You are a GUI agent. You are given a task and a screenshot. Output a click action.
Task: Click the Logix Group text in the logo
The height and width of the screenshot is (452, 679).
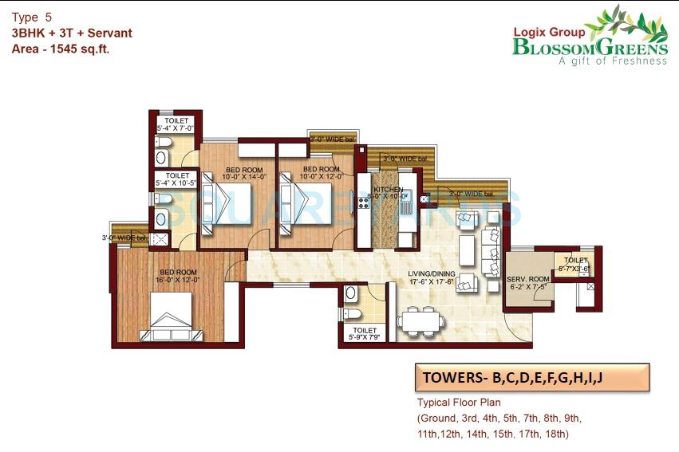(550, 32)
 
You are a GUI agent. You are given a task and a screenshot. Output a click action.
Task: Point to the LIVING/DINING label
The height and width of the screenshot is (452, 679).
(431, 275)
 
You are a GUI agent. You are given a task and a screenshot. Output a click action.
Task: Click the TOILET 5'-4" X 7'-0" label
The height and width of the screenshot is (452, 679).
(176, 124)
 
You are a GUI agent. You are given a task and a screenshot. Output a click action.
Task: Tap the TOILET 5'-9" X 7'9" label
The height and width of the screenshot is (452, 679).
(365, 334)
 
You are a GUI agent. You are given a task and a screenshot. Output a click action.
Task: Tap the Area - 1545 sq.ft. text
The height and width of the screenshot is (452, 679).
(61, 49)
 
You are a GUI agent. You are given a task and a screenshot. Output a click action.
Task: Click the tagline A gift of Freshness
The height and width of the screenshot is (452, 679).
(613, 61)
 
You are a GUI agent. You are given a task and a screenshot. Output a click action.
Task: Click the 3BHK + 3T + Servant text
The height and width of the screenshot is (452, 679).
(72, 33)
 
